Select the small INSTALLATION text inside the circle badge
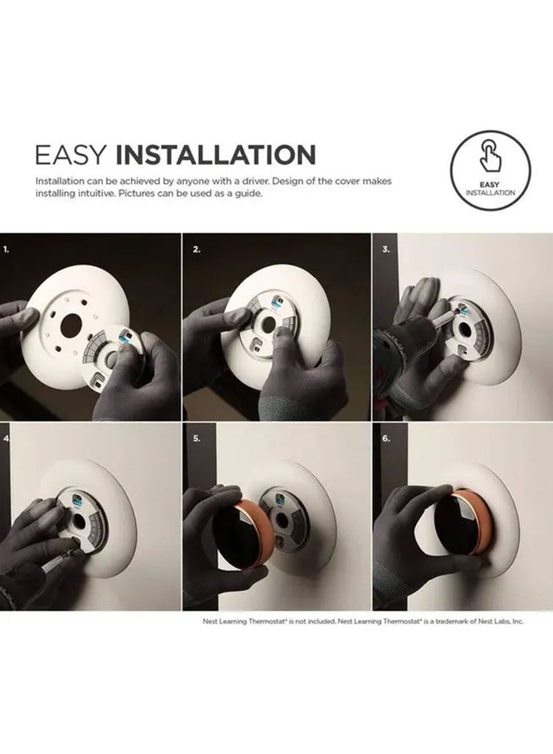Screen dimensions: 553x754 [x=491, y=192]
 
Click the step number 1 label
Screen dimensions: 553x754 [x=7, y=249]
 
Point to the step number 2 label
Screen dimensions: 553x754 [x=196, y=249]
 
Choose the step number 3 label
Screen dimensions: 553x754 [x=386, y=249]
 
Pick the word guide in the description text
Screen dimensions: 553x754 [x=250, y=194]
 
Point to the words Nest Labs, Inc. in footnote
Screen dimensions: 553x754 [x=500, y=621]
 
